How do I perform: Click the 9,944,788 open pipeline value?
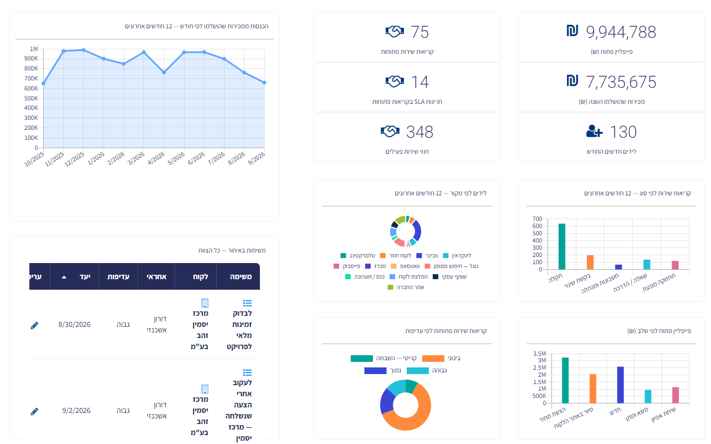(x=621, y=32)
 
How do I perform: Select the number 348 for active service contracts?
(x=420, y=132)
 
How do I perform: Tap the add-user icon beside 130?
(x=594, y=132)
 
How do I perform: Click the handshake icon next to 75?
(x=395, y=32)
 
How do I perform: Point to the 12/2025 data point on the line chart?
(x=84, y=50)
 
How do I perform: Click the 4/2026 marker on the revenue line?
(x=164, y=73)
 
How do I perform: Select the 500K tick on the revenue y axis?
(x=31, y=98)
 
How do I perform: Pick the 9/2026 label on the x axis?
(x=257, y=158)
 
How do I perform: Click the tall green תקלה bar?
(x=561, y=246)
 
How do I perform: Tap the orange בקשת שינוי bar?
(x=590, y=262)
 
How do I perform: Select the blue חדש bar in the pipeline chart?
(x=620, y=385)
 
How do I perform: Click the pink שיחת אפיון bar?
(x=676, y=395)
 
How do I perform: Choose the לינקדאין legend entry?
(x=457, y=255)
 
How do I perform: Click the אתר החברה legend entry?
(x=406, y=287)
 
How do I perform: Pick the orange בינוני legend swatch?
(x=433, y=359)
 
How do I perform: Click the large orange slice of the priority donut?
(x=421, y=416)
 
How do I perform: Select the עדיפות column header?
(x=118, y=277)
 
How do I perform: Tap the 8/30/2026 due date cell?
(x=74, y=325)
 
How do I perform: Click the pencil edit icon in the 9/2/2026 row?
(x=34, y=411)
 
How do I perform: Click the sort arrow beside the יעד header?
(x=64, y=277)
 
